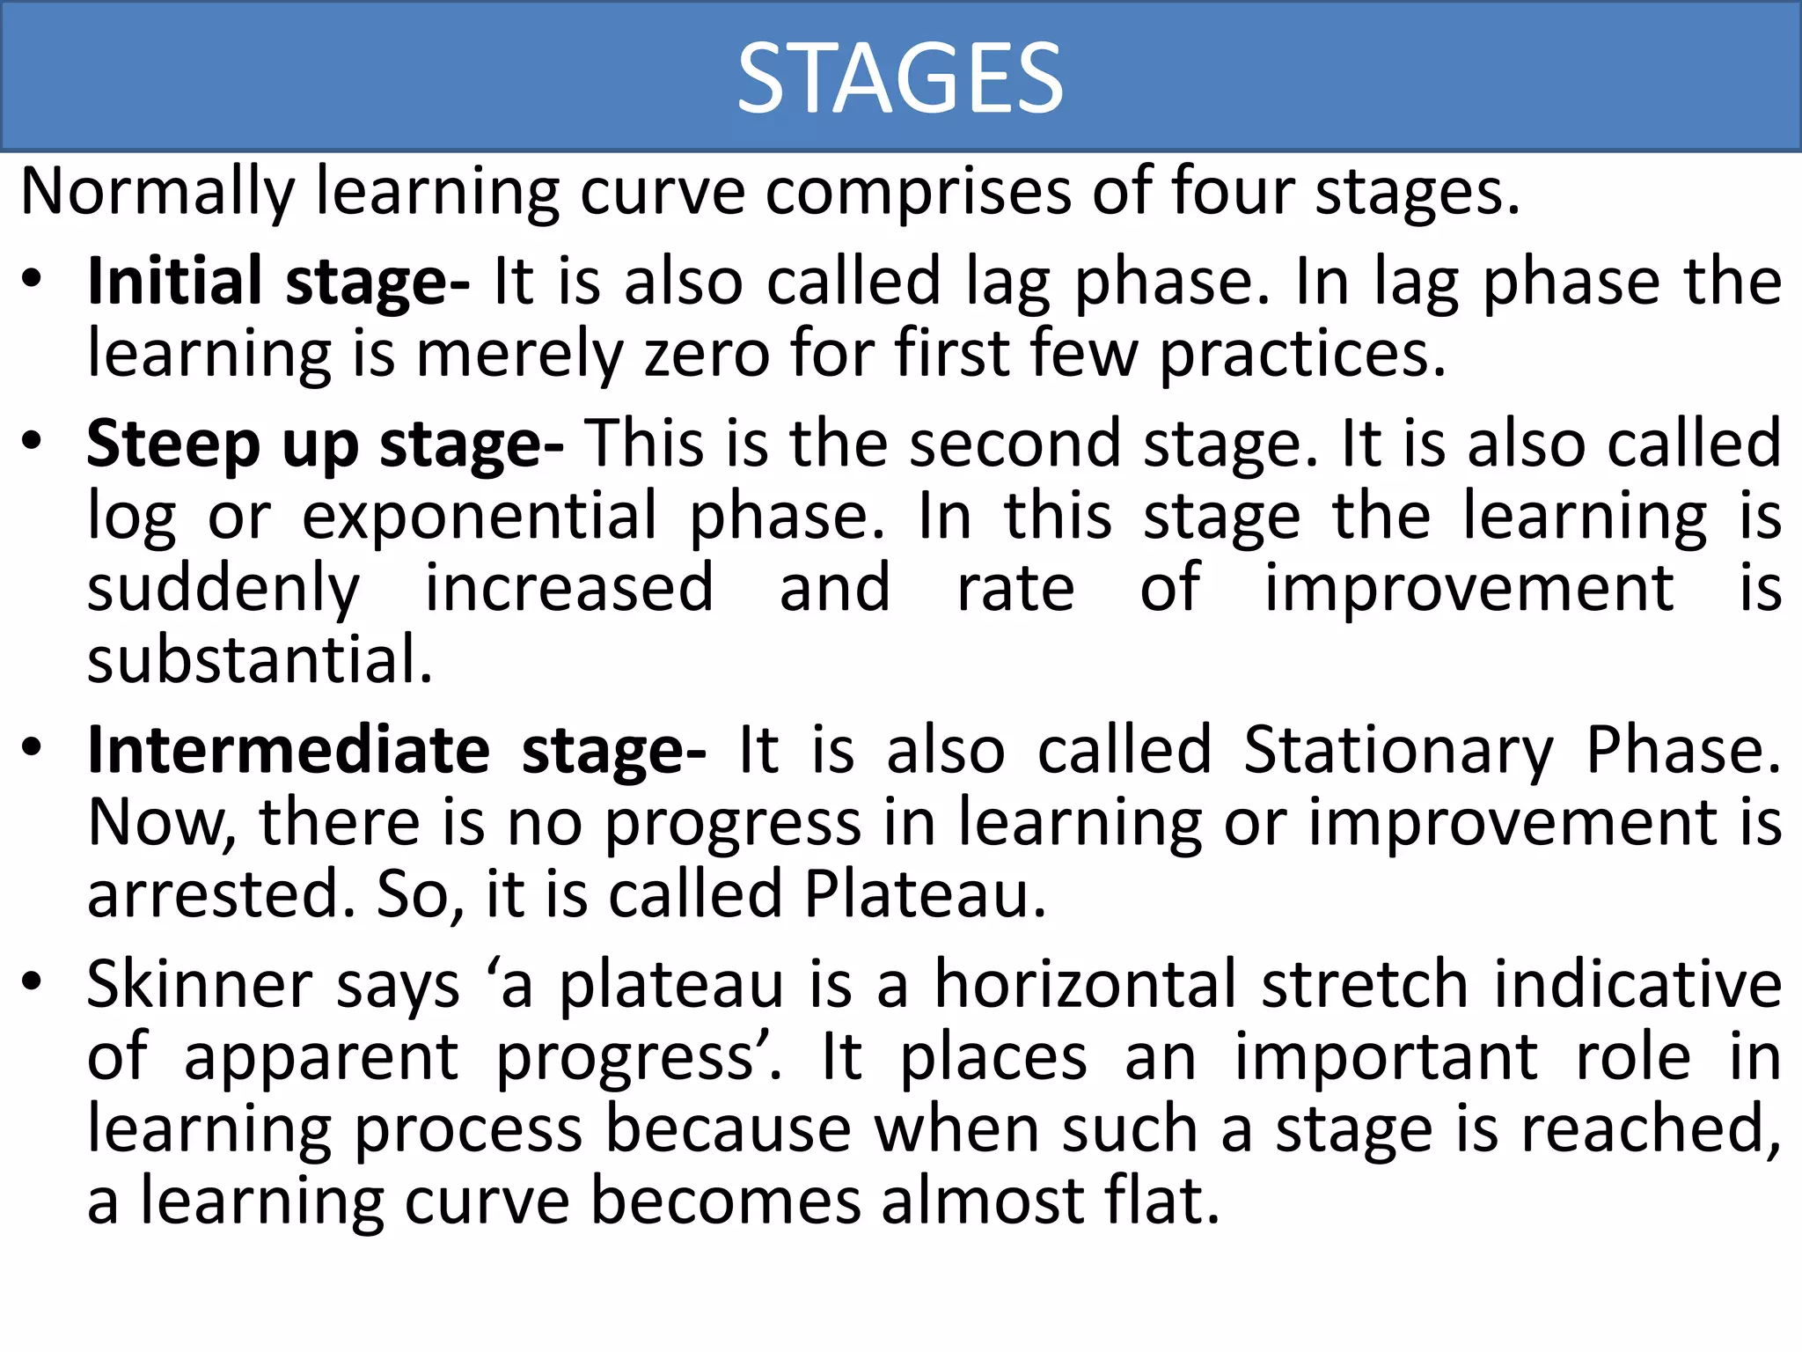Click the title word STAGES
pos(900,79)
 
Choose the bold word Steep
pos(172,445)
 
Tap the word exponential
pos(480,517)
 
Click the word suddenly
pos(223,590)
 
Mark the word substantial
pos(260,660)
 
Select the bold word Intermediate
pos(289,751)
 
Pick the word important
pos(1386,1057)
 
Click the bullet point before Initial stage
pos(33,281)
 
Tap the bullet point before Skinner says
pos(33,982)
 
